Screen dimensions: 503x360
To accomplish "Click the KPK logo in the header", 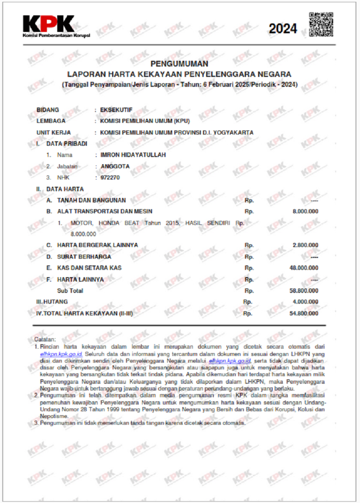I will (x=49, y=25).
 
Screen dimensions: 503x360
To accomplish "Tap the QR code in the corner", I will (x=321, y=25).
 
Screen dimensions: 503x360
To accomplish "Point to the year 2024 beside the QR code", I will (x=283, y=29).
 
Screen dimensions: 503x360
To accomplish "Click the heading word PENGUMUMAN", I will (x=180, y=64).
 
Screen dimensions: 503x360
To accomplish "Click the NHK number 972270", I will (x=110, y=178).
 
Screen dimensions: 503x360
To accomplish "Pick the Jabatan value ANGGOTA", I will (x=115, y=166).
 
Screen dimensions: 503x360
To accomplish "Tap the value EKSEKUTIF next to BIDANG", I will (x=117, y=109).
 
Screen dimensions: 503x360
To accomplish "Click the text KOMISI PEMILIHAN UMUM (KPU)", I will (x=145, y=121).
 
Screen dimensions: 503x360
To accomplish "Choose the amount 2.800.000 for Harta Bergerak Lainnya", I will (x=306, y=245).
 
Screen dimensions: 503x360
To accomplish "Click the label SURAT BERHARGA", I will (x=84, y=256).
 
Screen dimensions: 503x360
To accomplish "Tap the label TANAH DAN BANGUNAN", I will (x=91, y=200).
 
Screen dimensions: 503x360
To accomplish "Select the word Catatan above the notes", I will (x=45, y=339).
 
